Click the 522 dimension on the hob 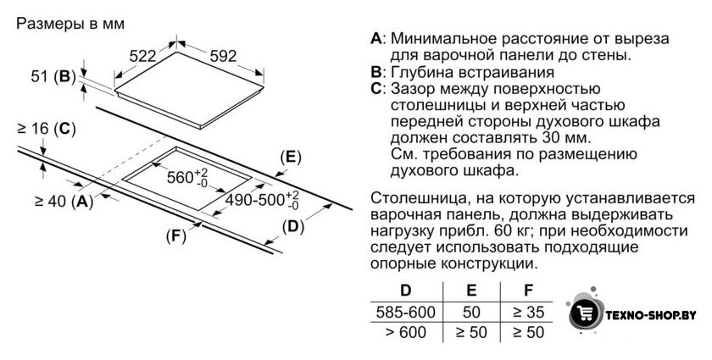click(142, 56)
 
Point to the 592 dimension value click(224, 56)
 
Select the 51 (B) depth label click(53, 76)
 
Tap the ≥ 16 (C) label click(47, 129)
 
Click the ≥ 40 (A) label click(64, 201)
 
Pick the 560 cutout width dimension click(187, 177)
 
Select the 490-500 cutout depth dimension click(263, 200)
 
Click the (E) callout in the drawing click(291, 157)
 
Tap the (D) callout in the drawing click(293, 226)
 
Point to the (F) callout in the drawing click(176, 236)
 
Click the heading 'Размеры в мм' click(70, 24)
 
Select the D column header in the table click(405, 291)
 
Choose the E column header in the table click(471, 291)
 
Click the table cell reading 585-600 click(406, 312)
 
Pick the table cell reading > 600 click(406, 332)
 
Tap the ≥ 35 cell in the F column click(529, 312)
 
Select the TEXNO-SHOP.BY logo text click(651, 315)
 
